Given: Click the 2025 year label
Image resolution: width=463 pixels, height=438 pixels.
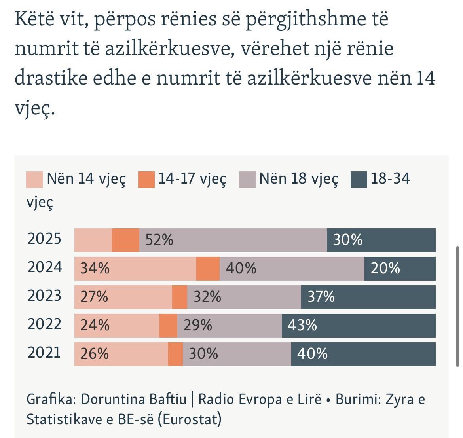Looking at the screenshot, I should [44, 239].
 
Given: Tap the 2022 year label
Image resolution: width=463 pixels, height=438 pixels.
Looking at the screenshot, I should [45, 324].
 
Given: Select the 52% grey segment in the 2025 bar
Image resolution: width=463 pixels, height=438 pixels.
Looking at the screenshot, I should [233, 240].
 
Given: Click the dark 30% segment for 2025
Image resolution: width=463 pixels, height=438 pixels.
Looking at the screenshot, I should [381, 240].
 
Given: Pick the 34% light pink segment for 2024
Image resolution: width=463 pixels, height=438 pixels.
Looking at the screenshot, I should [135, 269].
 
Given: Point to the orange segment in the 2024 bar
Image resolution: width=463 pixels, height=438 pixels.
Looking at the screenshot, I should [208, 269].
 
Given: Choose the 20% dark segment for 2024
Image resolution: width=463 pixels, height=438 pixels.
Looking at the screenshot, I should [400, 269].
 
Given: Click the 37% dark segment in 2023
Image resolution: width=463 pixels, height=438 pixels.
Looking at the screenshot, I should [368, 297].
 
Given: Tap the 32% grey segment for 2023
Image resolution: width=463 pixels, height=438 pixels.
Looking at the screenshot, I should [244, 297].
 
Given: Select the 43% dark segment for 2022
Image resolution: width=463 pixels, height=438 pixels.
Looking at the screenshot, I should [359, 326].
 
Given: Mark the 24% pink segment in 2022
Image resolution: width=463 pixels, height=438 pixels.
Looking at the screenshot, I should [117, 326].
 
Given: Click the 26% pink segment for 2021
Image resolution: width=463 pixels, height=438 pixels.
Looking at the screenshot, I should [121, 354].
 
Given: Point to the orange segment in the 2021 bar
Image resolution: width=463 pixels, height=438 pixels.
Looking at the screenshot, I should [175, 354].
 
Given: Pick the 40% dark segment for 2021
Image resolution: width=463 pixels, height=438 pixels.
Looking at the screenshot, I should [363, 354].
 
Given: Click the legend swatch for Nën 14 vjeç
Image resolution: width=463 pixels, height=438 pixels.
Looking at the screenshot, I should [34, 179].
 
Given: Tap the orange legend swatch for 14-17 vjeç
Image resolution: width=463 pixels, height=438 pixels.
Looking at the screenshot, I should [146, 179].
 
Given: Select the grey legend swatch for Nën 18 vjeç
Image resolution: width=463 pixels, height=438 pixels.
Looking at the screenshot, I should [247, 179].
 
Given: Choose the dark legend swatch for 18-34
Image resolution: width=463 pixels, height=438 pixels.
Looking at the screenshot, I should [359, 179].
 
